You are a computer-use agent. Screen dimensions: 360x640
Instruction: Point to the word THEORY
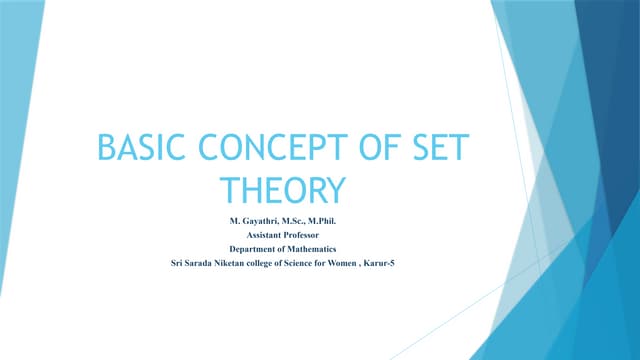pos(282,190)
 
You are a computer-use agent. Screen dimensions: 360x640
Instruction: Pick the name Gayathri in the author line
pos(262,218)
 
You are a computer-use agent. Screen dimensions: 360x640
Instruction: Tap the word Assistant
pos(265,233)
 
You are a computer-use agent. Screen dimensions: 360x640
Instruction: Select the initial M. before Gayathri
pos(236,218)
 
